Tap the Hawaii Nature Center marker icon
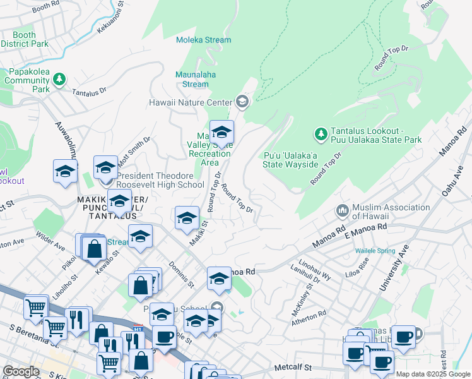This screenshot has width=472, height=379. [x=242, y=102]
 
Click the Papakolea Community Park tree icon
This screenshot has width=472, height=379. [x=59, y=80]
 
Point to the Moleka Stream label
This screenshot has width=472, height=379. [x=204, y=40]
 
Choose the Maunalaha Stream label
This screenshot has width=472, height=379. [x=192, y=79]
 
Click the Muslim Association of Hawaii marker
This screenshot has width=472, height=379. [x=343, y=210]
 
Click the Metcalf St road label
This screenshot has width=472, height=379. [x=293, y=367]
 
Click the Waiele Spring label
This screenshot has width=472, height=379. [x=375, y=251]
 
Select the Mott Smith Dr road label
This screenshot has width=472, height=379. [x=134, y=151]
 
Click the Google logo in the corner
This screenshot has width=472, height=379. [x=21, y=371]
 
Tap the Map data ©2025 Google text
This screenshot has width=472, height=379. [x=433, y=374]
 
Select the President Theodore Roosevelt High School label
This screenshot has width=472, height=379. [x=160, y=180]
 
